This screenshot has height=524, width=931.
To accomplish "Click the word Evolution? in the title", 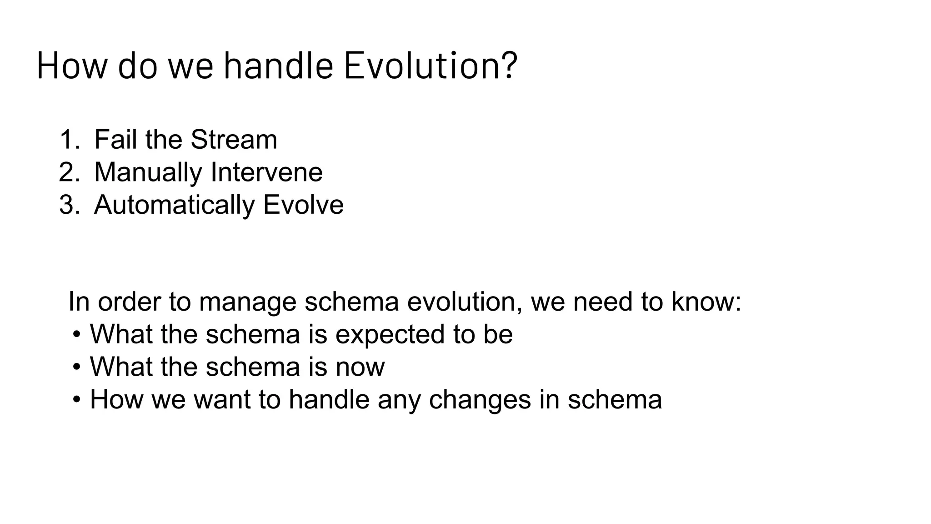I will pos(430,66).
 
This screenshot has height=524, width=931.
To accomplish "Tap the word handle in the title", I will pos(278,66).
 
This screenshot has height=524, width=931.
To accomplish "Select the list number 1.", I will pos(68,140).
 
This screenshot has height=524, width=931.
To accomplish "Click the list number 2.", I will pos(68,172).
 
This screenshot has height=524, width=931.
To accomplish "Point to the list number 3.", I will pos(68,205).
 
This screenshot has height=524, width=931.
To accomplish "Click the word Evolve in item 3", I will pos(303,205).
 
